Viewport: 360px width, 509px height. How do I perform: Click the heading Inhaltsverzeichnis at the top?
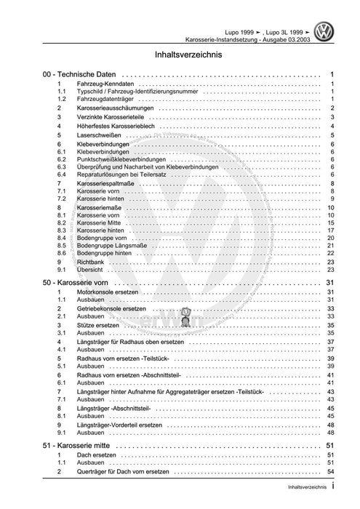coord(180,55)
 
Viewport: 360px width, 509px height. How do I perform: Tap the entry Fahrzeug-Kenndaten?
coord(108,85)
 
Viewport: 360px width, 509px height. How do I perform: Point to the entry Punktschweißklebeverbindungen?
coord(124,159)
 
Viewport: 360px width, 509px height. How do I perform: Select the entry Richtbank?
coord(91,262)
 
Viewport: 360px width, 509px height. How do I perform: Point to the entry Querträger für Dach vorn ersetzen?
coord(127,473)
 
